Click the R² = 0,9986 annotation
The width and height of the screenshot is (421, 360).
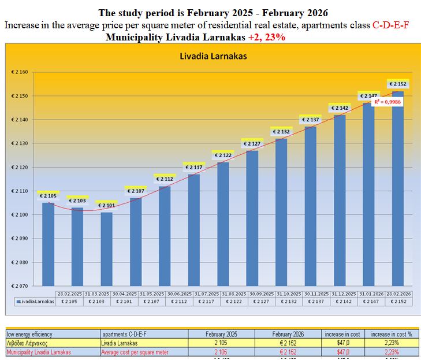[x=388, y=102]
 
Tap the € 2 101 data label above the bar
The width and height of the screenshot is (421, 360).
[x=106, y=206]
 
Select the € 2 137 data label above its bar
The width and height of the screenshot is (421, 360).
[x=311, y=120]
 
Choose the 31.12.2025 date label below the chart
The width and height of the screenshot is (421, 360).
[x=347, y=294]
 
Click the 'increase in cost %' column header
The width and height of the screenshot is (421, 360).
[x=396, y=334]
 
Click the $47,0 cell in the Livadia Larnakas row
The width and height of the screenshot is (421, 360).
[x=342, y=343]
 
